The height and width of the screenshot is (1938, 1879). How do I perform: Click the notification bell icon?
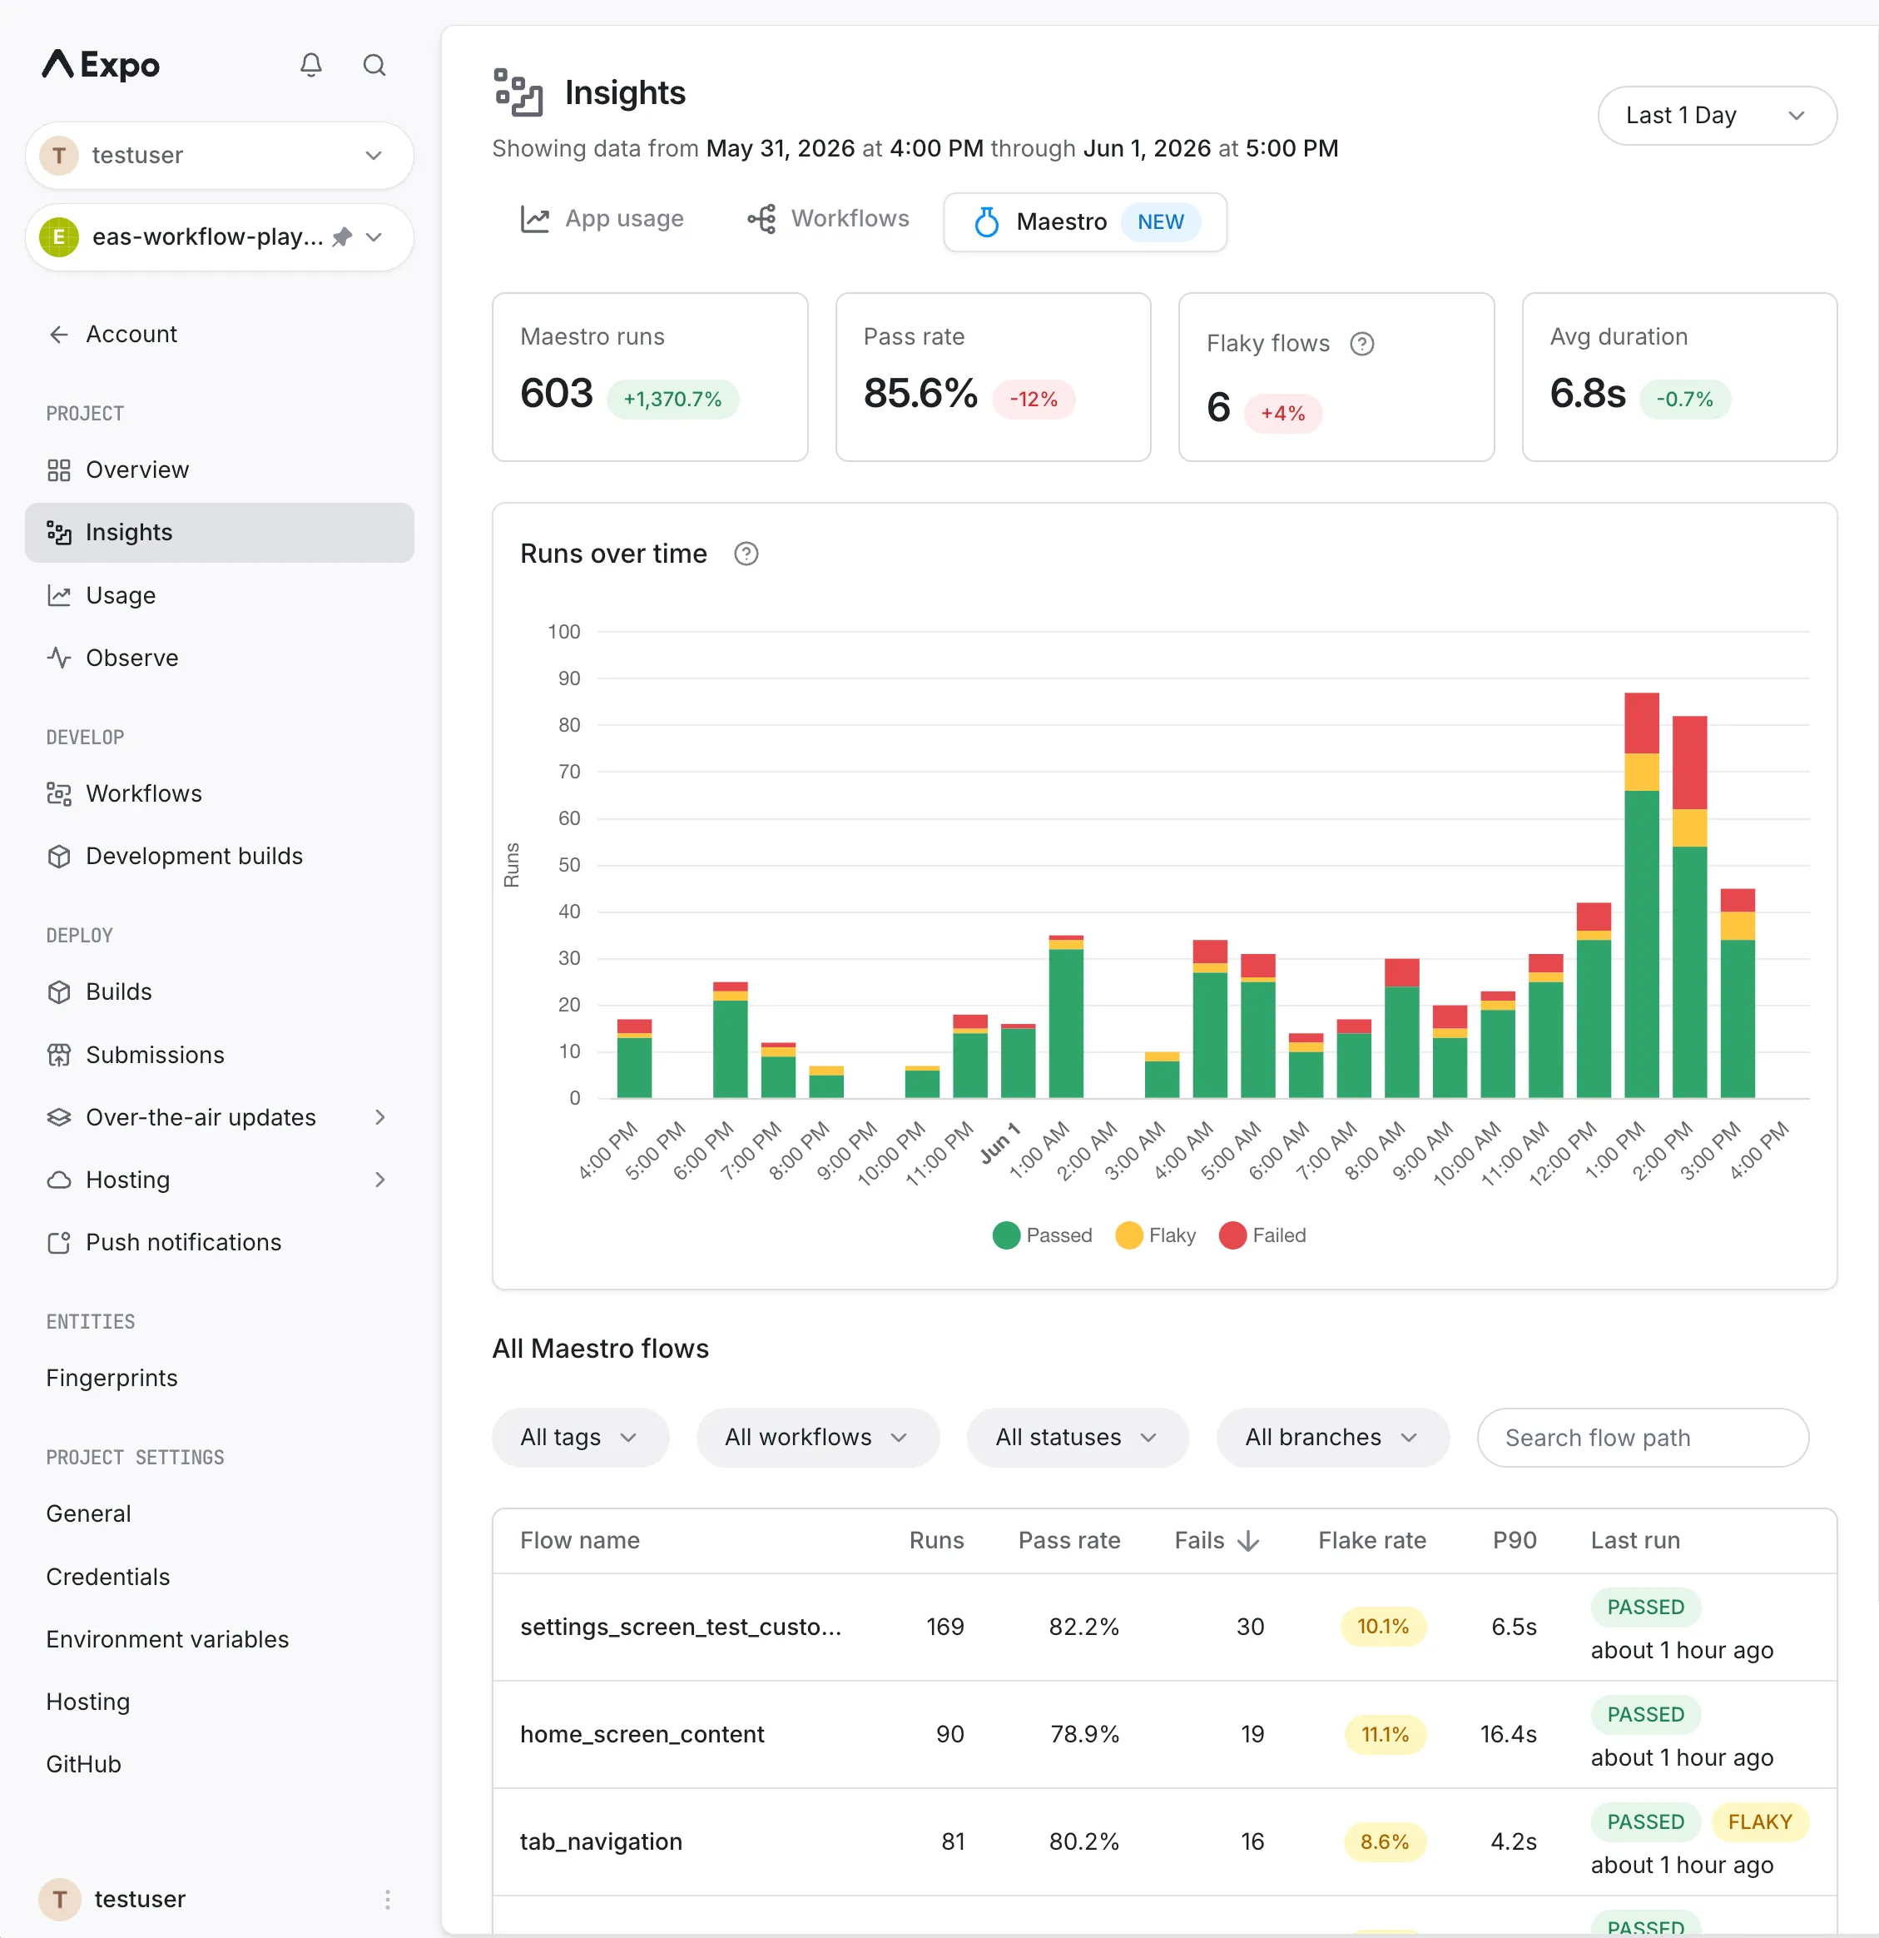pos(311,65)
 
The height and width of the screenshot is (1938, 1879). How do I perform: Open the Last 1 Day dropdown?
pos(1716,116)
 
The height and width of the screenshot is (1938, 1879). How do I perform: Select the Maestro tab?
pos(1084,221)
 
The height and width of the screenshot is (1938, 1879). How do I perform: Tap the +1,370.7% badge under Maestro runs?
pos(672,400)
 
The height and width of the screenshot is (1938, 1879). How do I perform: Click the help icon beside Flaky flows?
pos(1361,344)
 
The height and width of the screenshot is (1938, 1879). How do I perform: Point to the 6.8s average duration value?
pos(1588,394)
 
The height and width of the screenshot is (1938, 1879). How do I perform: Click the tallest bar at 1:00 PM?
pos(1641,895)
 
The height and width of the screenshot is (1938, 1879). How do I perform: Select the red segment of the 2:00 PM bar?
pos(1689,763)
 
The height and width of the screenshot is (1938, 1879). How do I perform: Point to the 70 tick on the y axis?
pos(569,771)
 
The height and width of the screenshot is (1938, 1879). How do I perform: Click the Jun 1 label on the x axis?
pos(999,1144)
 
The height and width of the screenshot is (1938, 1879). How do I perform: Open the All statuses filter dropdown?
pos(1077,1437)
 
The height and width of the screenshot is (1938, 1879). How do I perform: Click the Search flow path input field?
pos(1642,1438)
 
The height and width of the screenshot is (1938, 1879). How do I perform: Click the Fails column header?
pos(1216,1541)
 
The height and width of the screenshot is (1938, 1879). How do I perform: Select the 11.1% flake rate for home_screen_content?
pos(1385,1734)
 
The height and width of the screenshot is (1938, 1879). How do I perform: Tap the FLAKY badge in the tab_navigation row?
pos(1759,1821)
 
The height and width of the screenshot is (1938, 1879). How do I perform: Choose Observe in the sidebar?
pos(132,658)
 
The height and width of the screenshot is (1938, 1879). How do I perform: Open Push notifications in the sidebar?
pos(184,1242)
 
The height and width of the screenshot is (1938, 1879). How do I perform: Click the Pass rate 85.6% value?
pos(920,394)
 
